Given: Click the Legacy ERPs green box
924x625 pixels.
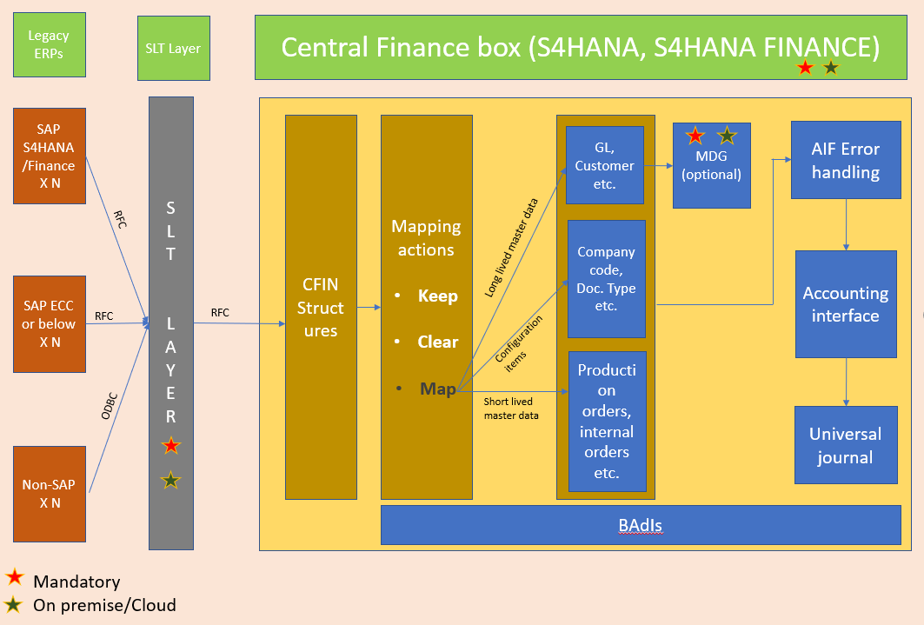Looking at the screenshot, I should pos(50,44).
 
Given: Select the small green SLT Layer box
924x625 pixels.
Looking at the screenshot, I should pos(173,49).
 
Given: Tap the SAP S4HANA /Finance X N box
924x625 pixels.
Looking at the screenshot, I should pos(50,156).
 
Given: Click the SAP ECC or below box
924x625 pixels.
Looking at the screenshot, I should pos(50,323).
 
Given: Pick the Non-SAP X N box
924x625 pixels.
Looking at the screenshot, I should pos(50,494).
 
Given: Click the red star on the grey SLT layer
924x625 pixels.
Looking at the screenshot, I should pos(171,446).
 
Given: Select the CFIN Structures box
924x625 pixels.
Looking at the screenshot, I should pos(321,308).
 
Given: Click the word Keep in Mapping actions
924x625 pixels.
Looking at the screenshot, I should pos(437,296).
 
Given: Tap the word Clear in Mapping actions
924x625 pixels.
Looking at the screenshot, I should pos(437,342).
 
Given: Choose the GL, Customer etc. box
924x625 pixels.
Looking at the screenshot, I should pos(605,165).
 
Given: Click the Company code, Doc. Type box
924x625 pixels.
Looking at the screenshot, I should pos(607,279).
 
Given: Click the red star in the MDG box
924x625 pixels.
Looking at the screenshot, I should pos(695,136).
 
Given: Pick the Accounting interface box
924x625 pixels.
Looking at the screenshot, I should pos(846,304).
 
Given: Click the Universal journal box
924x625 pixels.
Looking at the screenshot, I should pos(846,445).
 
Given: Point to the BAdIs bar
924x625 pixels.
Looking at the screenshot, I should pos(640,526).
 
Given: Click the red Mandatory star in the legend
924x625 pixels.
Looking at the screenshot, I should pos(14,577).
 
